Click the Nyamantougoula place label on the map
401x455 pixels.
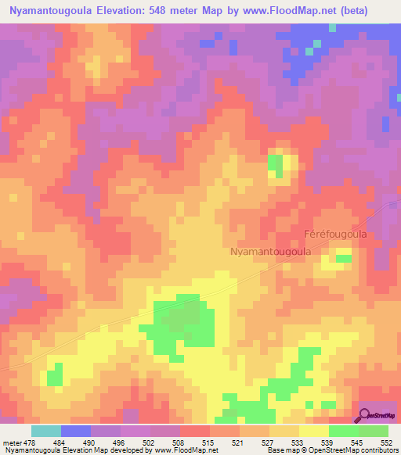(x=271, y=252)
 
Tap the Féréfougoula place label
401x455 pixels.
(x=335, y=234)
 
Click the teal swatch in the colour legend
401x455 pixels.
(x=46, y=431)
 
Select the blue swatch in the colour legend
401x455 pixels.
(x=76, y=431)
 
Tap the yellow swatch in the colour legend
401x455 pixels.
(x=313, y=431)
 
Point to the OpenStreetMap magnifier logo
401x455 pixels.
(x=365, y=414)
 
